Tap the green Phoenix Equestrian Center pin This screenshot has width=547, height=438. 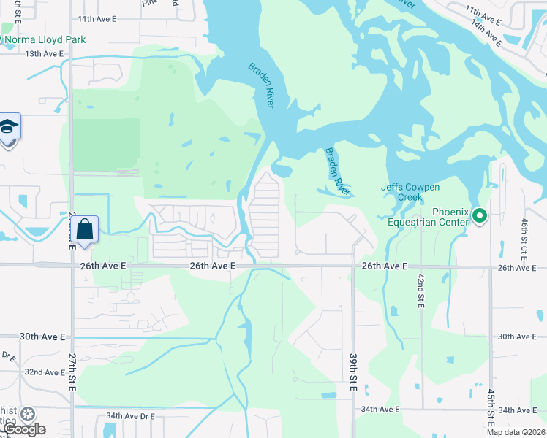tap(480, 215)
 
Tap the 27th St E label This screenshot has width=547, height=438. tap(73, 373)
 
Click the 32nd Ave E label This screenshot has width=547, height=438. tap(44, 372)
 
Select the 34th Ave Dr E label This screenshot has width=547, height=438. tap(130, 416)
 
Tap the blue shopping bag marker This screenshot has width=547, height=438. tap(85, 228)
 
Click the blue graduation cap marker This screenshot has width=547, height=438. tap(9, 127)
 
